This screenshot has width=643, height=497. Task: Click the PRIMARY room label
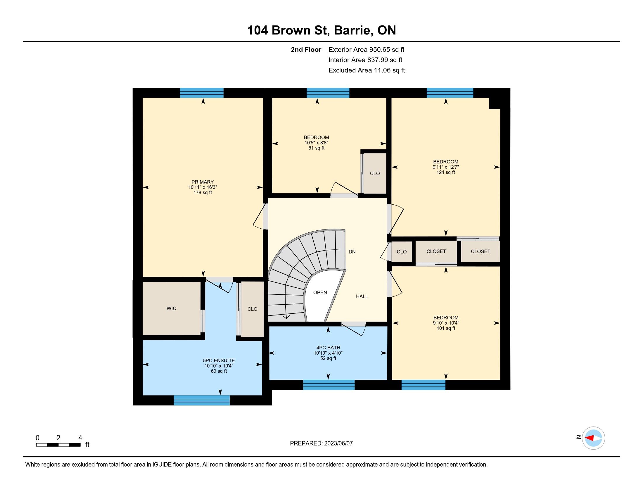coord(203,182)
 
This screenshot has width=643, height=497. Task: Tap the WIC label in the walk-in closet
coord(171,308)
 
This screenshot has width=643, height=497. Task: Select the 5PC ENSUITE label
coord(219,360)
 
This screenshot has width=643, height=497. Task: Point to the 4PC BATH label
coord(328,348)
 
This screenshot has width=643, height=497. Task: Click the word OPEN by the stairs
coord(320,292)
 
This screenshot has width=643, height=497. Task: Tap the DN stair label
coord(352,252)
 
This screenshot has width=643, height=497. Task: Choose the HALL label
coord(362,296)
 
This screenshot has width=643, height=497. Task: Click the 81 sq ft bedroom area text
coord(317,148)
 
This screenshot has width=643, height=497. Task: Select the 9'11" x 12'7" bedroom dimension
coord(446,167)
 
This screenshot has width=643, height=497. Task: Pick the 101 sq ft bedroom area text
coord(446,328)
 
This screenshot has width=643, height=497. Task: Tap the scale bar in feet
coord(58,445)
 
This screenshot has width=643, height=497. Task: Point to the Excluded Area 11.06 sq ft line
coord(367,70)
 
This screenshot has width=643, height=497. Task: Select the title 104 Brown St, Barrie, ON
coord(321,30)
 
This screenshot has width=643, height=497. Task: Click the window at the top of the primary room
coord(202,93)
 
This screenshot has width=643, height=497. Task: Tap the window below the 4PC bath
coord(329,385)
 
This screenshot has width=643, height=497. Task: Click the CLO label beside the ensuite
coord(252,309)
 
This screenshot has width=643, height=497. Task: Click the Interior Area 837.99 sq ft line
coord(365,60)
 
